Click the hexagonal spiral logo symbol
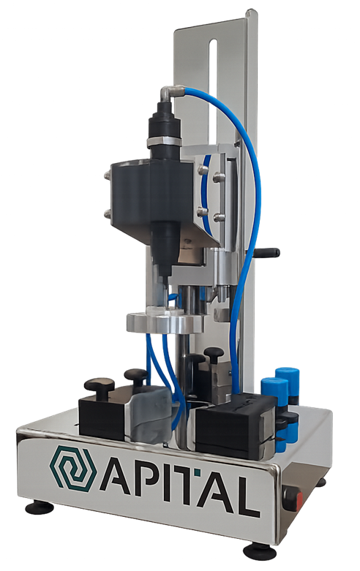tap(73, 467)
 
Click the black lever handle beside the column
tap(269, 252)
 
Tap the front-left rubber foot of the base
tap(40, 507)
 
